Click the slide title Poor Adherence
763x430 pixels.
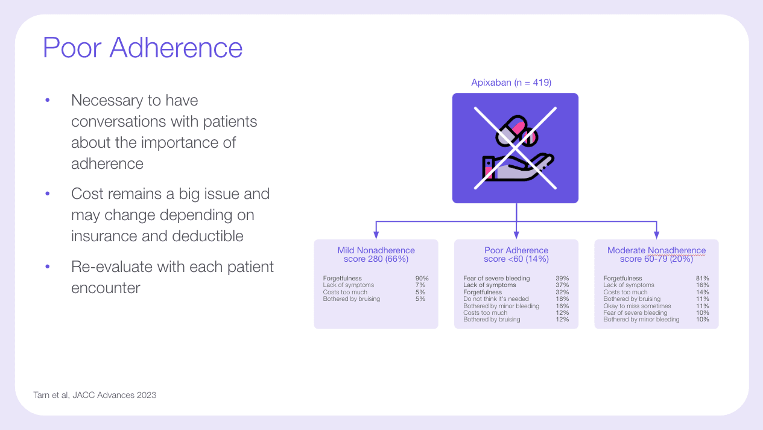pyautogui.click(x=142, y=48)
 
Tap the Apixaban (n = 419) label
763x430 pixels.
pyautogui.click(x=511, y=83)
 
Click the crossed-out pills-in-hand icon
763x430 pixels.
pyautogui.click(x=515, y=148)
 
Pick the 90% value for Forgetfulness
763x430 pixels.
pyautogui.click(x=421, y=279)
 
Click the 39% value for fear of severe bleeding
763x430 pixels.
pyautogui.click(x=562, y=279)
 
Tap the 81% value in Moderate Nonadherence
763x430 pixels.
pyautogui.click(x=702, y=279)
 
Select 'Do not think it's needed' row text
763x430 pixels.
pyautogui.click(x=496, y=299)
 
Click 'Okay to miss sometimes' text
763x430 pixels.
pyautogui.click(x=637, y=306)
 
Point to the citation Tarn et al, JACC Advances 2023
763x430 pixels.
pyautogui.click(x=95, y=395)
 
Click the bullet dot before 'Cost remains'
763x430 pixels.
pyautogui.click(x=48, y=194)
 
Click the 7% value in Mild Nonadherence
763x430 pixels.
pyautogui.click(x=421, y=285)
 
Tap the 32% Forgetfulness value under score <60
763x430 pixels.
pyautogui.click(x=562, y=292)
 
